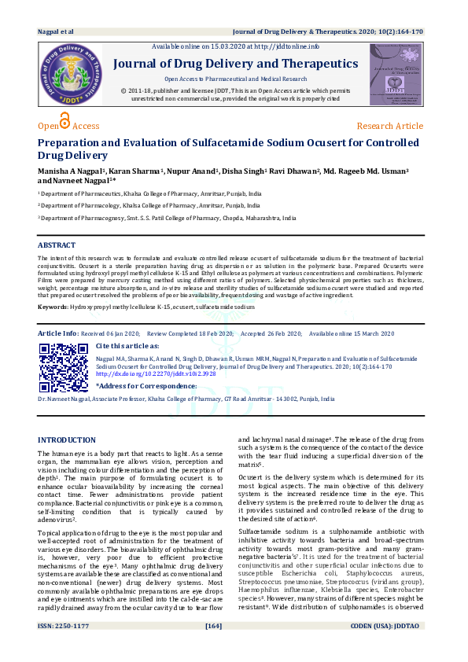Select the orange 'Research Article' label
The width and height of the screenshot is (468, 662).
[389, 126]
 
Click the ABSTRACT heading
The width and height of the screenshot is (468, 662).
[57, 245]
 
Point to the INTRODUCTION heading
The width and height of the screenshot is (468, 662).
[67, 439]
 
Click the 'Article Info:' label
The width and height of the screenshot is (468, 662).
[57, 333]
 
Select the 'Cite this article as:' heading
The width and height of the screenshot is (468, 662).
[127, 345]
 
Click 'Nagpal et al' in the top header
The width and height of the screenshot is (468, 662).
[56, 31]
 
